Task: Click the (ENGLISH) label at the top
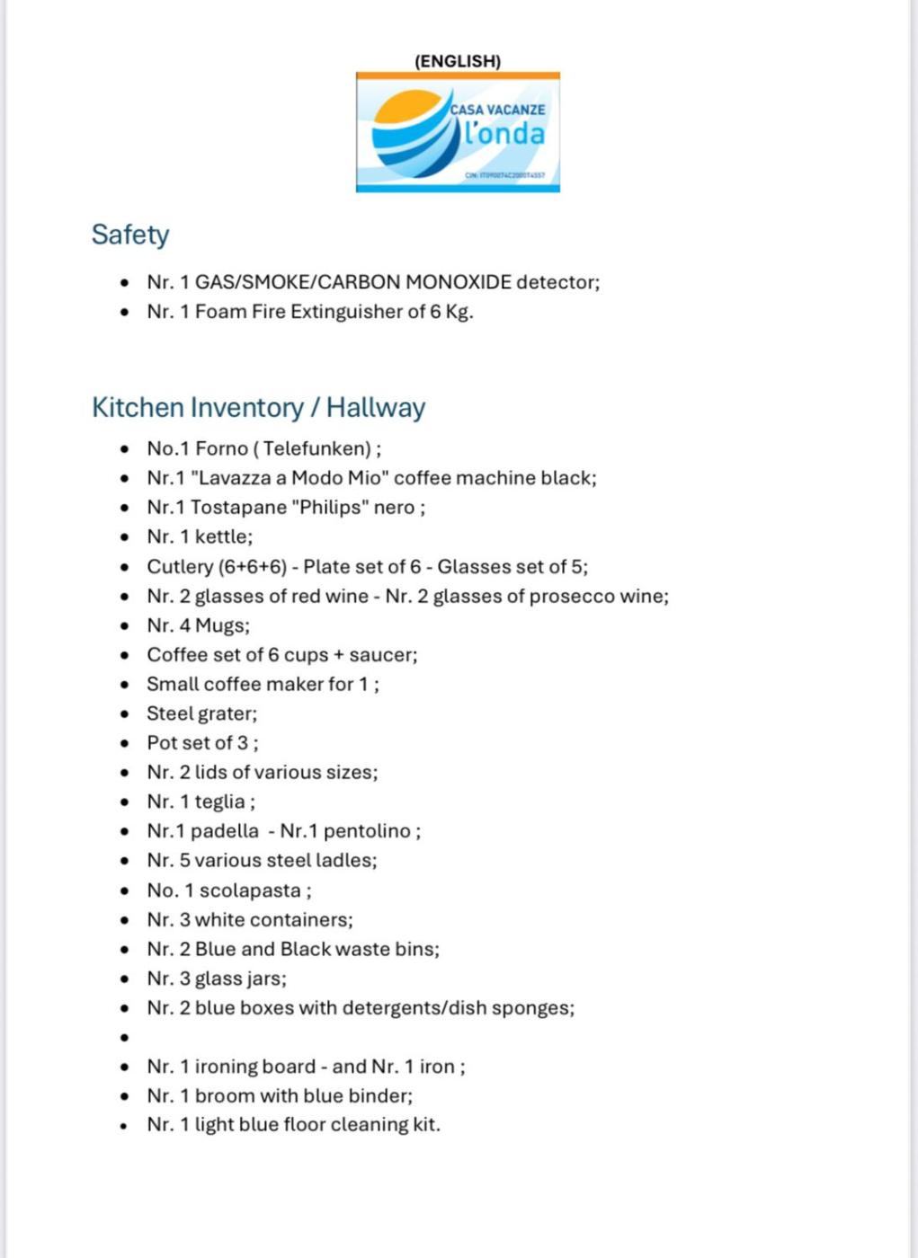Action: (x=458, y=61)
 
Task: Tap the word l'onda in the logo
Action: (x=504, y=134)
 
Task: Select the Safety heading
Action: (x=130, y=235)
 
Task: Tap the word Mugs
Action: (x=221, y=625)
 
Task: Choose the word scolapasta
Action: (x=250, y=890)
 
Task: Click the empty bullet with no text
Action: (x=125, y=1038)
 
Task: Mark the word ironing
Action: (x=228, y=1067)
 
